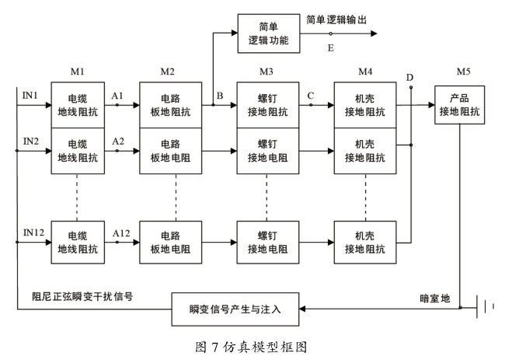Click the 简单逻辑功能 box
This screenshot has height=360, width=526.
269,33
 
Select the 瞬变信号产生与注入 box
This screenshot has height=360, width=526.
235,309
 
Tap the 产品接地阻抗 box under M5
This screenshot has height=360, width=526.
460,105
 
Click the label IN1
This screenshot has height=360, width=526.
30,96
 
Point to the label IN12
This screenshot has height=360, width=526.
33,232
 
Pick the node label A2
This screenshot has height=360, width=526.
118,142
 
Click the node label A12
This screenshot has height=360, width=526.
121,233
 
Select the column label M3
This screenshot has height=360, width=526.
266,72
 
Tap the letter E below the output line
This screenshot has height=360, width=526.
331,48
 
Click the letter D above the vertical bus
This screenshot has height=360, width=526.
409,78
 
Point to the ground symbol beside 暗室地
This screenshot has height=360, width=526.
485,307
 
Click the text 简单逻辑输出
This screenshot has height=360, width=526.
336,19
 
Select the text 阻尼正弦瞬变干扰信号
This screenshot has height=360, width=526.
82,296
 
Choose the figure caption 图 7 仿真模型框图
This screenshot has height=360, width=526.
251,347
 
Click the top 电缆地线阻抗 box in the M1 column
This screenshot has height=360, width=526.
78,105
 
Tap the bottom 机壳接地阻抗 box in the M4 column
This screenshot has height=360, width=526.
365,242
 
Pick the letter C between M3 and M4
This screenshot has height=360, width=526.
311,96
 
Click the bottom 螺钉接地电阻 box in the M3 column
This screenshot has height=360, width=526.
268,242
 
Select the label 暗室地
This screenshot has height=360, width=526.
435,299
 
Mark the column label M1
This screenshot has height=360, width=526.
78,72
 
